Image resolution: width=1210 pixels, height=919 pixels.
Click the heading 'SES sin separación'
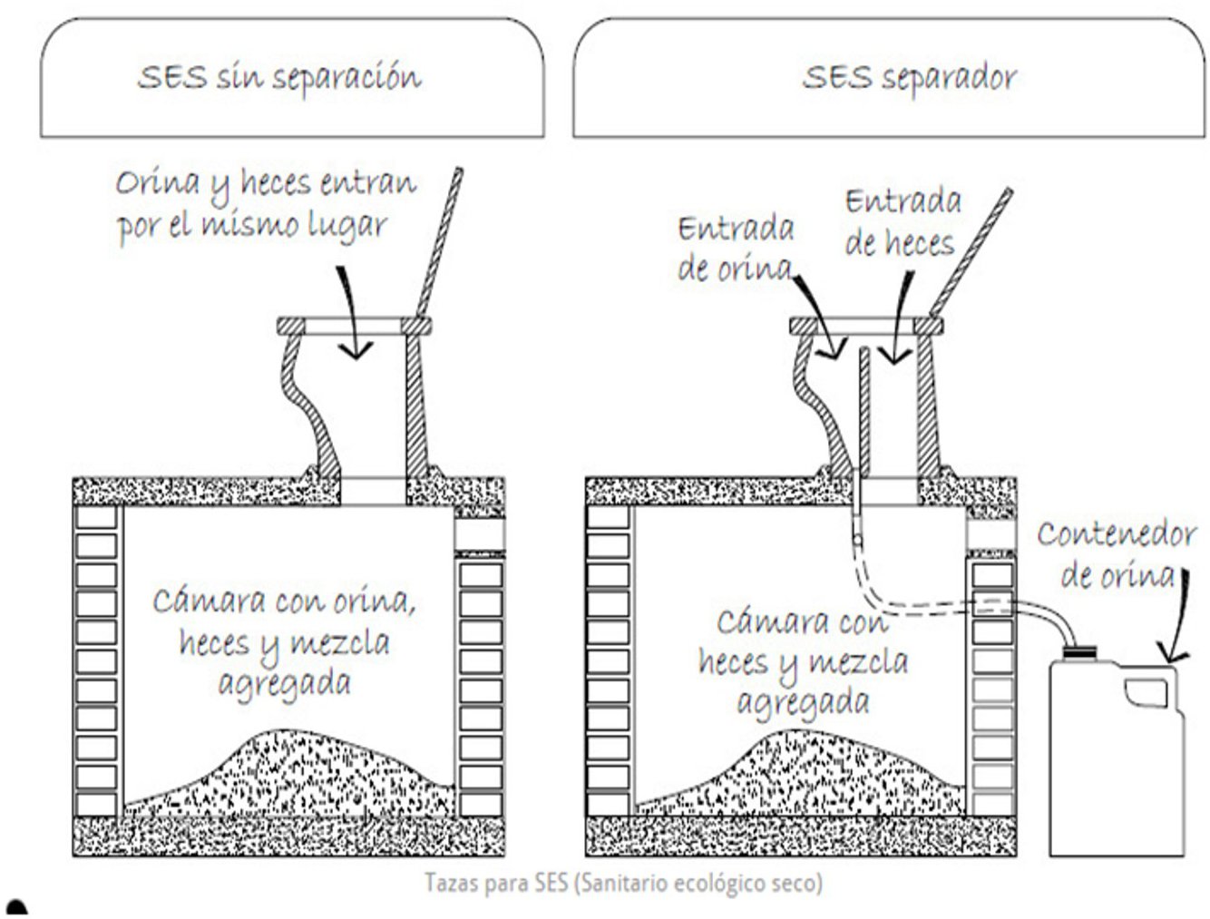(279, 77)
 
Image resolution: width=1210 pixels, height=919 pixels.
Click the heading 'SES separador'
(909, 77)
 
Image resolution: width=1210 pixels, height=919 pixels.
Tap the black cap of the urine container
(1079, 650)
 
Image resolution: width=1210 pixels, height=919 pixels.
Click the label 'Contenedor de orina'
(1117, 554)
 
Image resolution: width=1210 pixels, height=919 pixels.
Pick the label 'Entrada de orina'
(736, 249)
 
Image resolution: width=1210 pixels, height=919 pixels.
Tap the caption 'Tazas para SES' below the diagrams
(623, 883)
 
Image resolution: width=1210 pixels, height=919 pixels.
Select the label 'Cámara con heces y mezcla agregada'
(802, 662)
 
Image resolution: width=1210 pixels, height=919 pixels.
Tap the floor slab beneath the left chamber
(288, 836)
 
